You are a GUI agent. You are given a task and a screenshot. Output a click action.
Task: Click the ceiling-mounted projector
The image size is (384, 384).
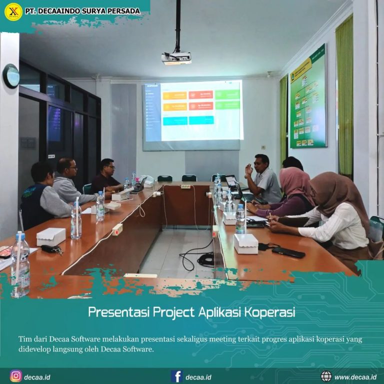click(176, 57)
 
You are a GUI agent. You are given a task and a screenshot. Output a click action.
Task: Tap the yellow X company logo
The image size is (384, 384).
click(12, 11)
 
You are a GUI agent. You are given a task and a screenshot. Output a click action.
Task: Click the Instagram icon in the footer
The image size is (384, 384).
click(15, 376)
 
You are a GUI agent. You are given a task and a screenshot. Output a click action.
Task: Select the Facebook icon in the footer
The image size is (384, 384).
click(176, 376)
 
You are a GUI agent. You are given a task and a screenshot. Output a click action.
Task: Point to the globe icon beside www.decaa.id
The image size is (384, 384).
click(326, 376)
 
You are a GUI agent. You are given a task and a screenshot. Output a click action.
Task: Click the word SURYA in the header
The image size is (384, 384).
click(94, 11)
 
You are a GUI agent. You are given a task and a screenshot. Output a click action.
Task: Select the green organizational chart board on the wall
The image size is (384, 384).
click(308, 97)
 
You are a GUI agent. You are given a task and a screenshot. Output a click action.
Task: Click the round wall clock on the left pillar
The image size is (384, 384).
click(11, 76)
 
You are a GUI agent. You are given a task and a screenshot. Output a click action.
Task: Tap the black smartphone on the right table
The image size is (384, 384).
click(288, 252)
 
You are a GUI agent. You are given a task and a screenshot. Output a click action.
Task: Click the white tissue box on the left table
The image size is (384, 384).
click(51, 236)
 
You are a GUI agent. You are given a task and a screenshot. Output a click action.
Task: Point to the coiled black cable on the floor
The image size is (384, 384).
click(205, 259)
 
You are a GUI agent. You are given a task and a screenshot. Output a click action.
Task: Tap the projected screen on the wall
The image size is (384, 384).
click(193, 111)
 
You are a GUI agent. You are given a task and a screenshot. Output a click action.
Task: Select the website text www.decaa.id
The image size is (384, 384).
click(355, 377)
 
